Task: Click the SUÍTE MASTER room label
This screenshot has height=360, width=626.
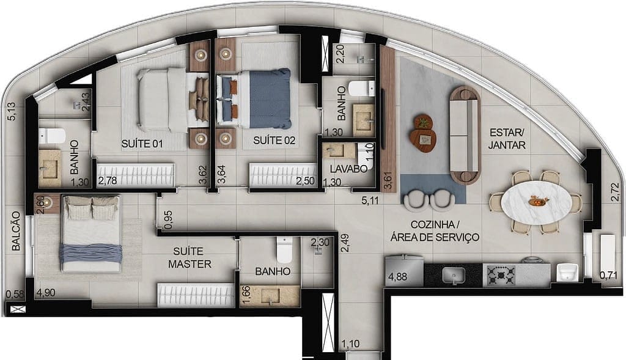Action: tap(191, 257)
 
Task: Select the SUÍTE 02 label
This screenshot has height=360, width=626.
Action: tap(274, 140)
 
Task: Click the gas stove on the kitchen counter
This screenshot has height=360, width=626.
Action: tap(501, 275)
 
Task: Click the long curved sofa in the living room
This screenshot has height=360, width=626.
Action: tap(464, 134)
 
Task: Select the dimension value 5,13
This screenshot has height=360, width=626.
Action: tap(10, 114)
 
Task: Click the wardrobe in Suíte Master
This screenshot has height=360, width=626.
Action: tap(196, 295)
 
